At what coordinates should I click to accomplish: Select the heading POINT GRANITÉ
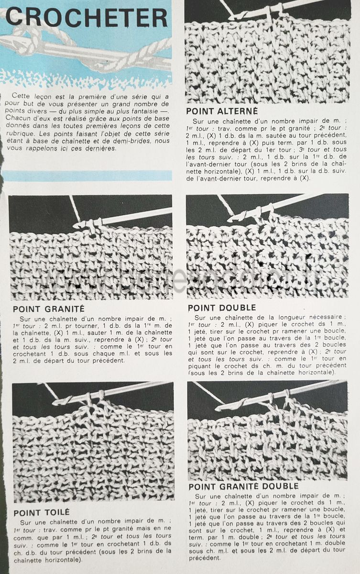point(48,309)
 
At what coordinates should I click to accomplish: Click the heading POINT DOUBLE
point(222,308)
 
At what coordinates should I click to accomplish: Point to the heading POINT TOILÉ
point(41,513)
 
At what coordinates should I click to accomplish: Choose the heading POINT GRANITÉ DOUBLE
point(243,486)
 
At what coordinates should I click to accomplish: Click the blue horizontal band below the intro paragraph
point(86,176)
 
